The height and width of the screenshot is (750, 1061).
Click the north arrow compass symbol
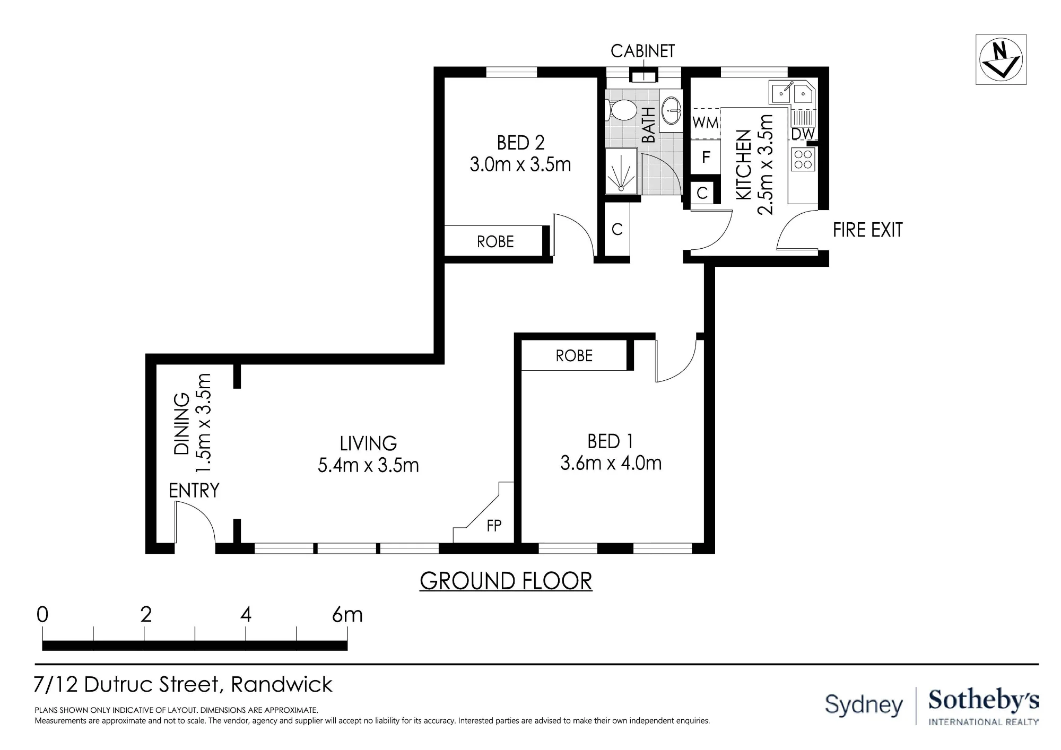pos(1001,59)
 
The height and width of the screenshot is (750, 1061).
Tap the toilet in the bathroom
pos(621,111)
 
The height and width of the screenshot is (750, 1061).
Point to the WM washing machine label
pos(705,123)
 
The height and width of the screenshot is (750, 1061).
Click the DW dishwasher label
pos(803,134)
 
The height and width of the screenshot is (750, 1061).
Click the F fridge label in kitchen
pos(706,157)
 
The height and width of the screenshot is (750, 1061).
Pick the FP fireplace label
pos(494,526)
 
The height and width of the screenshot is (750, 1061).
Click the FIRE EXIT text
pos(867,230)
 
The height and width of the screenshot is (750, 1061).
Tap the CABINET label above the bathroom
pos(642,51)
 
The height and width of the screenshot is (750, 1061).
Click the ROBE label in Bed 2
pos(495,242)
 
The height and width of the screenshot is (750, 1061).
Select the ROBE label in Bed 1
pos(574,355)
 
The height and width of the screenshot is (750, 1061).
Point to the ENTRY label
pos(194,491)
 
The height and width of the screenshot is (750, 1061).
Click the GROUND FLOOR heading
pos(506,581)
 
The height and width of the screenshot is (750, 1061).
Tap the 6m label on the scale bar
pos(347,615)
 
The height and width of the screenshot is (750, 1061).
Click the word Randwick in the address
pos(282,684)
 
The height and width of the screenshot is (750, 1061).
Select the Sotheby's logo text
pos(983,701)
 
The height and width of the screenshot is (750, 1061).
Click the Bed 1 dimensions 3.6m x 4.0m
pos(611,463)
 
